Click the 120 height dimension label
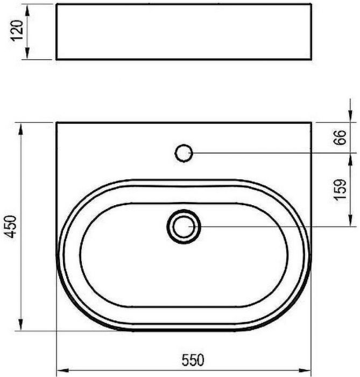pos(17,31)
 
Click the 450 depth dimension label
pos(11,227)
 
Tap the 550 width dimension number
pos(193,360)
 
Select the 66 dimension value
pos(340,137)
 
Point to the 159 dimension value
pos(340,190)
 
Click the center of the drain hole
pos(183,227)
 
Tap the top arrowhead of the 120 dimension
pos(27,11)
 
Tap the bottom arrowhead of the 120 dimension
pos(27,53)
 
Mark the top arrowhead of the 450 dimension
pos(21,129)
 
